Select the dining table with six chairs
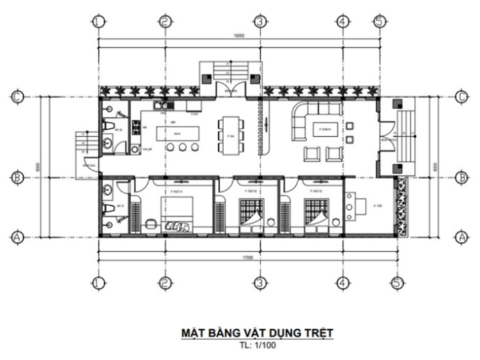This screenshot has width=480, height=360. (229, 134)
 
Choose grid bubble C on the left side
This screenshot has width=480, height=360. (17, 97)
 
